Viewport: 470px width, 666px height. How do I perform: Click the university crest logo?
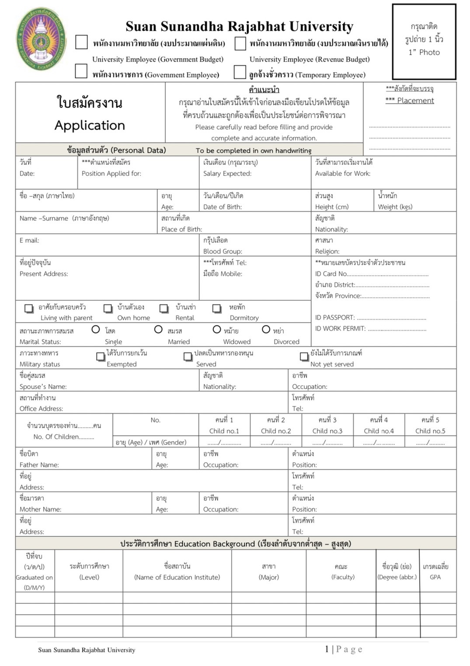coord(42,38)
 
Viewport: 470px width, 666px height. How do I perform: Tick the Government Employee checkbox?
coord(81,71)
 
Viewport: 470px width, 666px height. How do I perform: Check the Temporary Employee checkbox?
coord(240,72)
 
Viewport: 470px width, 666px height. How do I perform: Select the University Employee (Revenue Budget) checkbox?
coord(240,43)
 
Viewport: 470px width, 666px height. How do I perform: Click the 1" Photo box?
coord(424,42)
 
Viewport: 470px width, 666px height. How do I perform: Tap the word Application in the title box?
coord(90,126)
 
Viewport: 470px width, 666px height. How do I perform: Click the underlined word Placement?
coord(415,101)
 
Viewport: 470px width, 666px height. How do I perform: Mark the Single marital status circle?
coord(96,329)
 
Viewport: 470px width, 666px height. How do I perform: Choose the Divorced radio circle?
coord(266,329)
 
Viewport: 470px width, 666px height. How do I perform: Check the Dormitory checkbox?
coord(216,308)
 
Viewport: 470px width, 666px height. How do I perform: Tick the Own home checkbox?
coord(108,308)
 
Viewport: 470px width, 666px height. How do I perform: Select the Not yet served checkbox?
coord(304,357)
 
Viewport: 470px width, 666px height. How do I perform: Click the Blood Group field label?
coord(223,251)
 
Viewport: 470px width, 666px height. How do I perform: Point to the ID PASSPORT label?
coord(335,317)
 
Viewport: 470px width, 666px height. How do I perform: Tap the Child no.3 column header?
coord(327,431)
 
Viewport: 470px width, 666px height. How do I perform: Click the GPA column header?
coord(435,577)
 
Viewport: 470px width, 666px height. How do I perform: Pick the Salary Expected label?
coord(227,174)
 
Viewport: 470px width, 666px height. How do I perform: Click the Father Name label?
coord(39,465)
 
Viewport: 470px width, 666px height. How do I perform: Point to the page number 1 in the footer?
coord(327,649)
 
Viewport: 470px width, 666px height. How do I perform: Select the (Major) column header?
coord(269,577)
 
